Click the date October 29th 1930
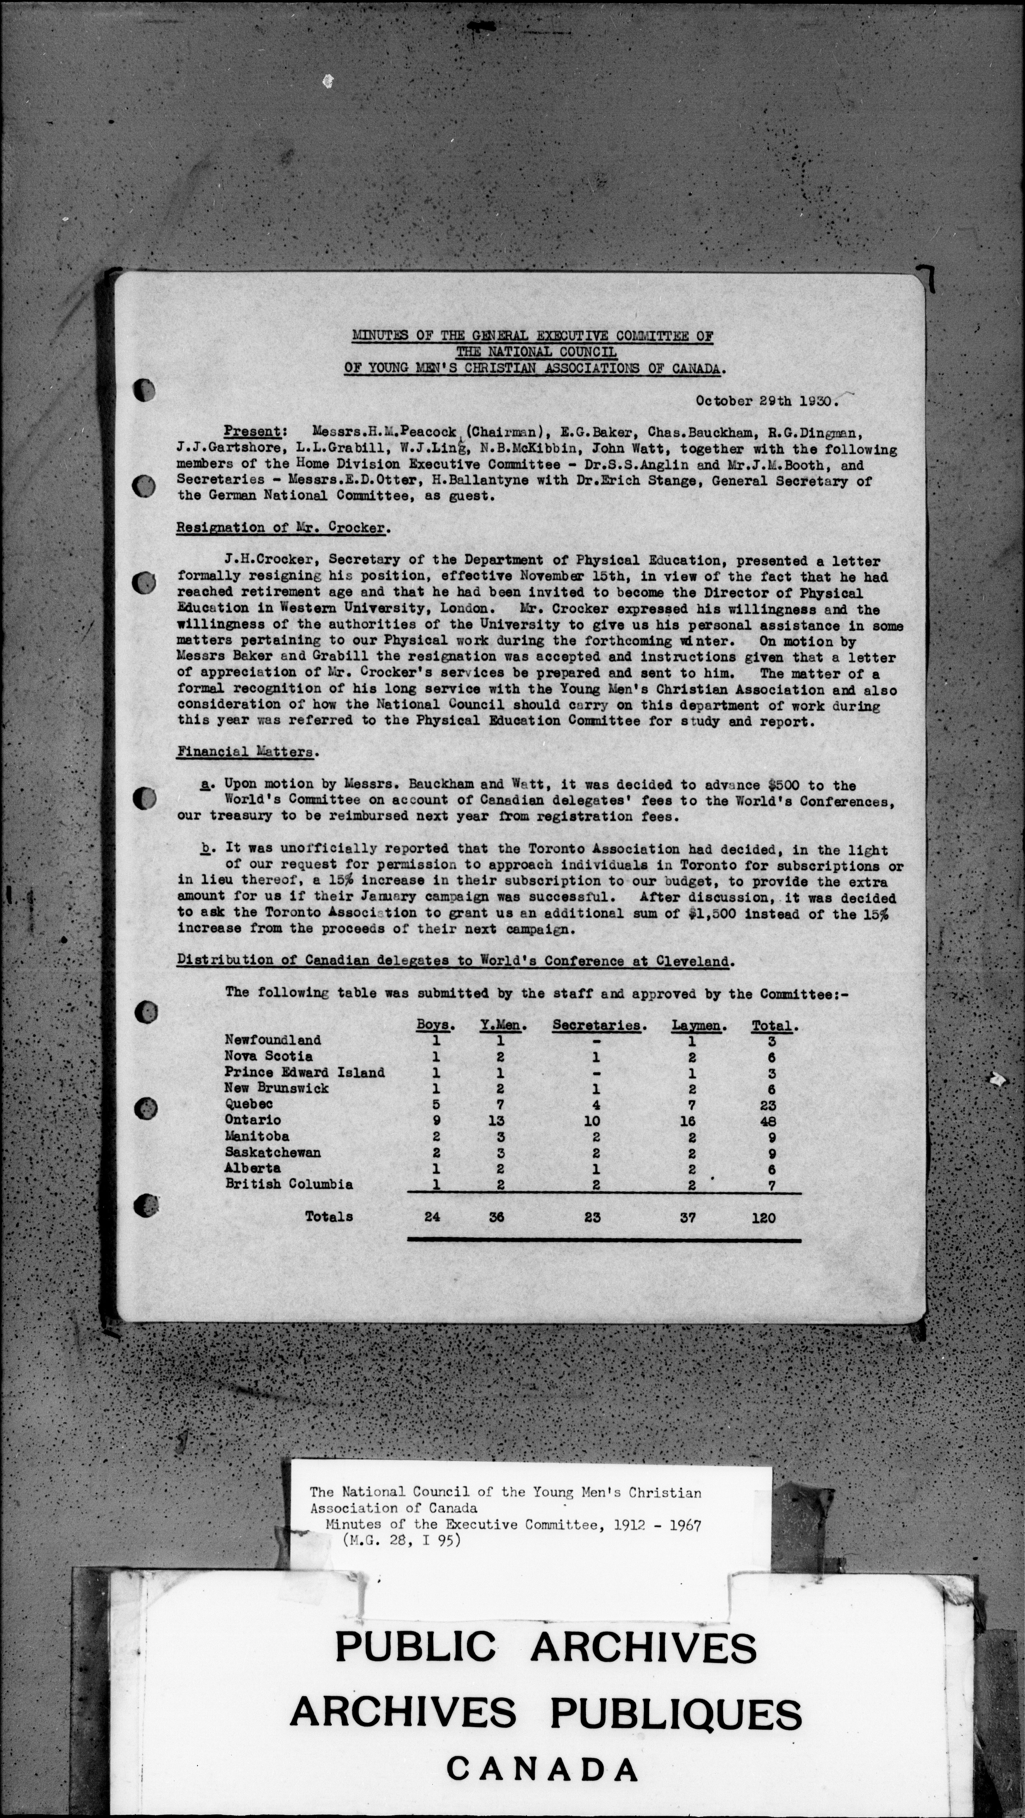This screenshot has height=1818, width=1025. (x=766, y=401)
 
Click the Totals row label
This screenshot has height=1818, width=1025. (x=329, y=1216)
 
